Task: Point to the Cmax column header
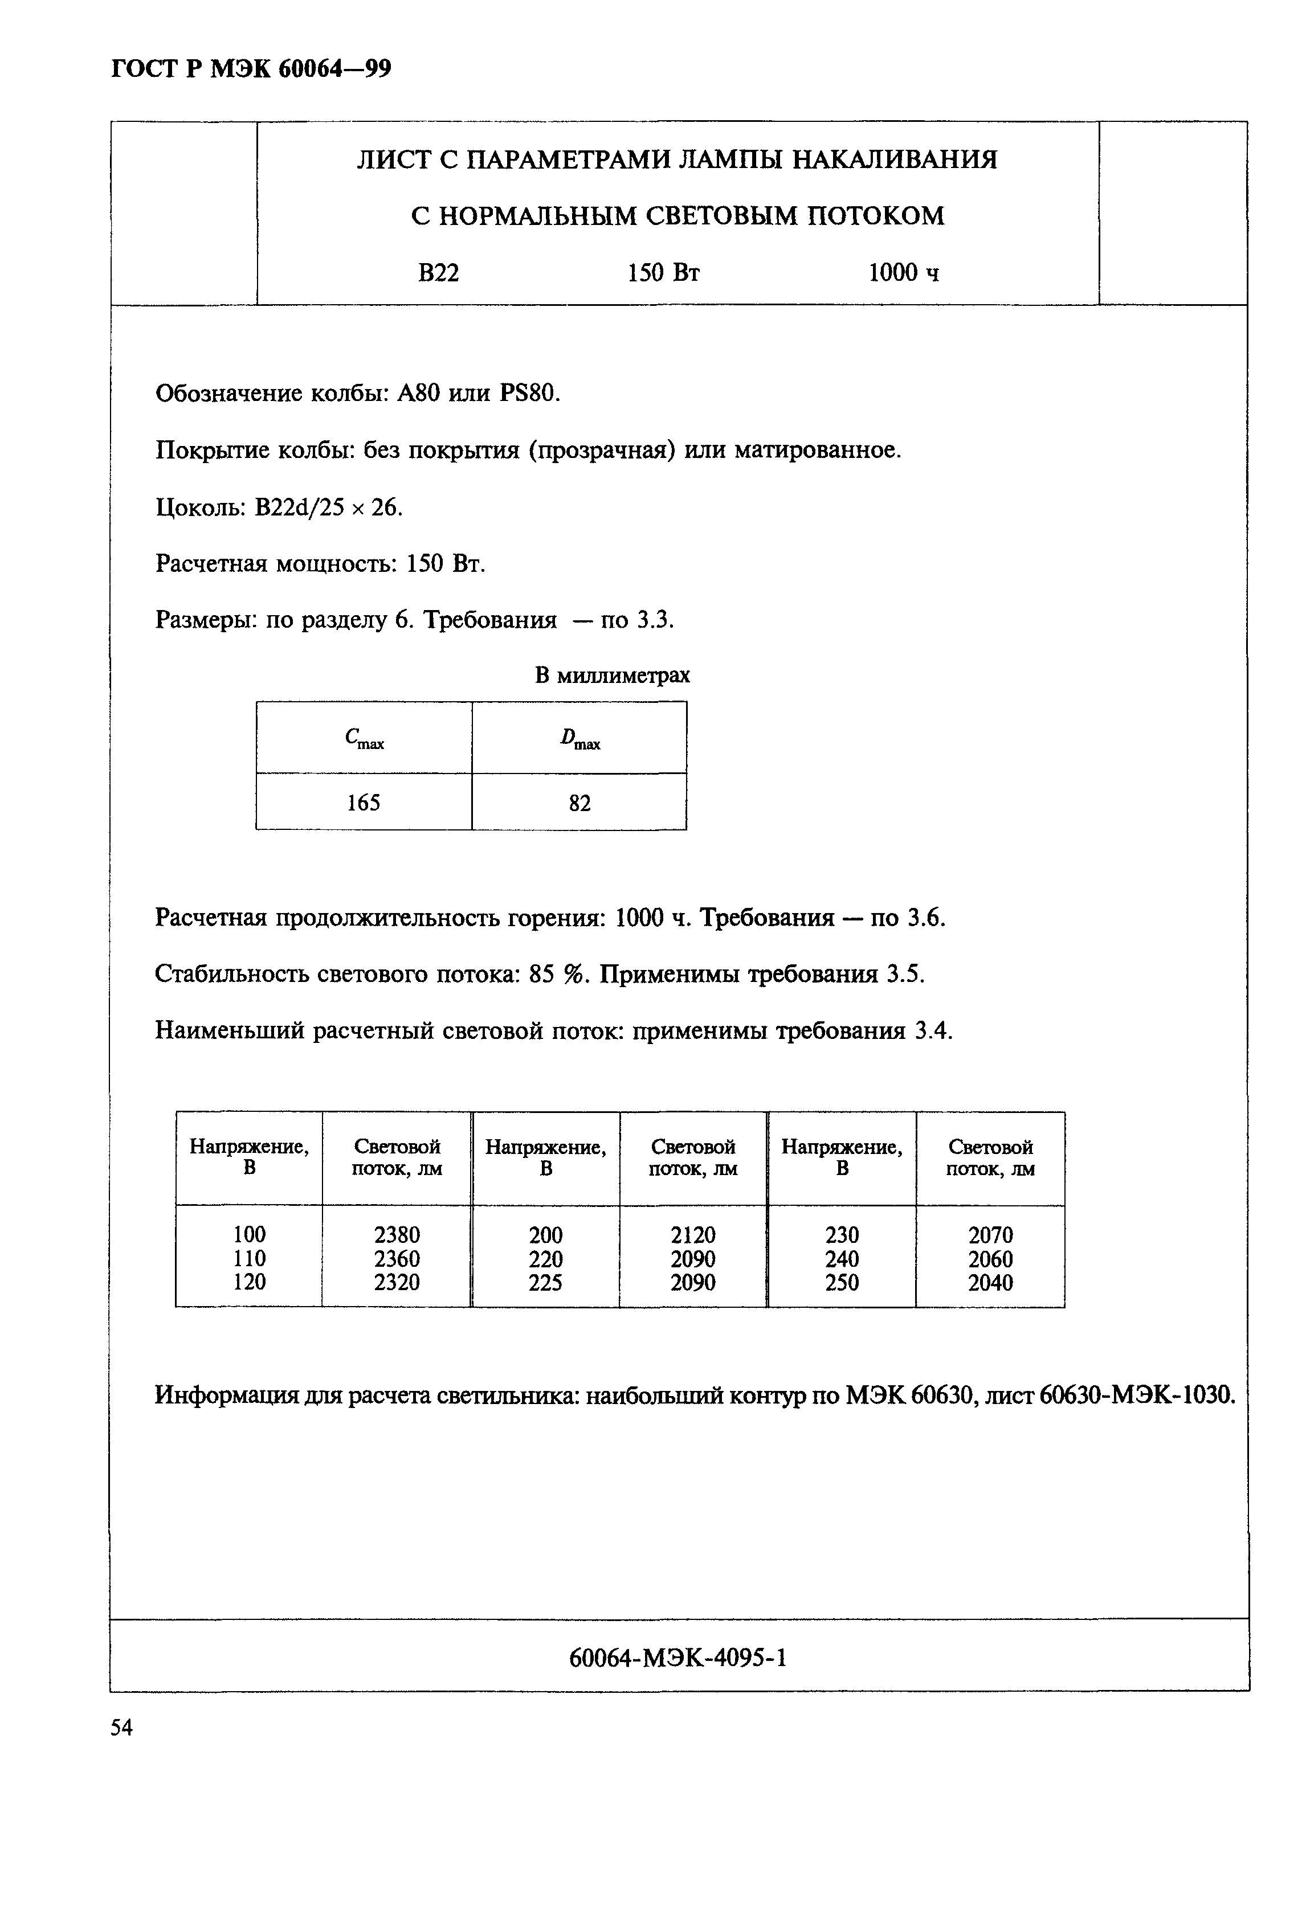pos(364,739)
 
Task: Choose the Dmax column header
pos(579,739)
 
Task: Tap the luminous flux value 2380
pos(397,1235)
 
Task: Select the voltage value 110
pos(250,1259)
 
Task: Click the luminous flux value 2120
pos(693,1235)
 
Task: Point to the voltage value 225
pos(545,1283)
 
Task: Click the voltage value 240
pos(842,1259)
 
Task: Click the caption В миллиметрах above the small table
pos(613,676)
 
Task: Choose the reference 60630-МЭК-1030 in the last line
pos(1136,1395)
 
